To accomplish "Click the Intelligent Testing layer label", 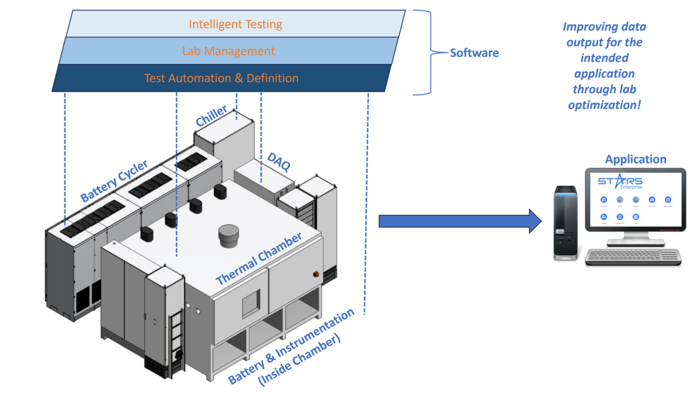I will [x=235, y=24].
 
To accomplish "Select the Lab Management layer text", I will [x=228, y=51].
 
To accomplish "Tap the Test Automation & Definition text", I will [x=221, y=78].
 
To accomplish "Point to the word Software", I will [x=475, y=53].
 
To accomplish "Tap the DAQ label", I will [x=279, y=162].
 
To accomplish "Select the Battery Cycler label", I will [x=114, y=181].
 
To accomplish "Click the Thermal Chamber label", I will [x=259, y=259].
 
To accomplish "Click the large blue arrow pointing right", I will [x=459, y=222].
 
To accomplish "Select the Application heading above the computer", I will [x=635, y=159].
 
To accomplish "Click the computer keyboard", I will [x=632, y=257].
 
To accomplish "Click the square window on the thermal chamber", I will [x=252, y=301].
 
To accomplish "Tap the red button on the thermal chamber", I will [x=317, y=272].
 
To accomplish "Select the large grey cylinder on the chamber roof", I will [x=228, y=235].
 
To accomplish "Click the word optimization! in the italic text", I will [x=604, y=106].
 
